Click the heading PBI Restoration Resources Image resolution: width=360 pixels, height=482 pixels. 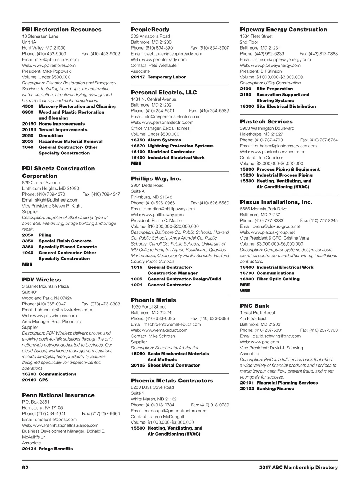point(62,30)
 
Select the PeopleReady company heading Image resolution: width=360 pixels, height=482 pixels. point(150,30)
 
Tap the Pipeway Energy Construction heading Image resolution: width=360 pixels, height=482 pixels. point(283,30)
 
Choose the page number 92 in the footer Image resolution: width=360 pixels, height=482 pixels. point(25,468)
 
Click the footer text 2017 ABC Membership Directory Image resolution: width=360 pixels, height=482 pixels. point(298,468)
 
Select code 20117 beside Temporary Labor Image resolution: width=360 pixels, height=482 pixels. point(138,77)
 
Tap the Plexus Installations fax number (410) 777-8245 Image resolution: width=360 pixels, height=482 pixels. point(323,221)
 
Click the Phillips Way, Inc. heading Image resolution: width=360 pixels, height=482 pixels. point(156,179)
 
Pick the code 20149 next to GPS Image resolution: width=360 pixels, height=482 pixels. point(29,380)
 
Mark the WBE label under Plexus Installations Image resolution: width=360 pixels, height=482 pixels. point(245,291)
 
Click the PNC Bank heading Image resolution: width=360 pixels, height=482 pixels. point(255,306)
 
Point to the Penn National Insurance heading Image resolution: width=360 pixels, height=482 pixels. point(58,395)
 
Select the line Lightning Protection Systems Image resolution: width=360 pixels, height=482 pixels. point(180,146)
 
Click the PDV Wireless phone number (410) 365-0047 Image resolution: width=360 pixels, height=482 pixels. point(51,304)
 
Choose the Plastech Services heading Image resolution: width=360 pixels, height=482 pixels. point(266,122)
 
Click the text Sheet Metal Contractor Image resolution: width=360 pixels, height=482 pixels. point(174,365)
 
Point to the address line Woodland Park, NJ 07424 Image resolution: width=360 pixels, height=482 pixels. point(47,298)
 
